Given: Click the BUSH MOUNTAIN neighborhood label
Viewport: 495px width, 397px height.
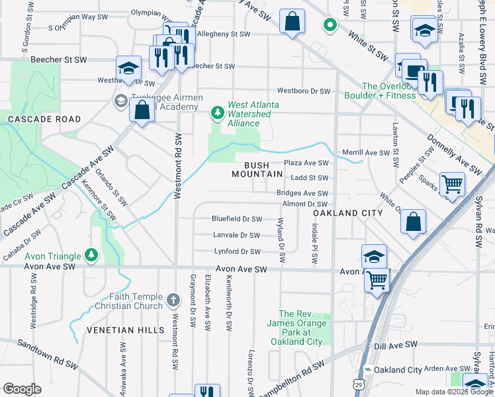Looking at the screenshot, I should (257, 169).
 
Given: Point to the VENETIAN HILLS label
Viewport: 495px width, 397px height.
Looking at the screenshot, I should (120, 330).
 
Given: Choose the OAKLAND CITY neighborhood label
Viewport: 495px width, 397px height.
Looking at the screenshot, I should (347, 213).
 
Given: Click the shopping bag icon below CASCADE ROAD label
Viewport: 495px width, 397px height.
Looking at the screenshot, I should (142, 110).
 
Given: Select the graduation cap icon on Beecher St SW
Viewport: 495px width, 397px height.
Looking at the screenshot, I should (128, 67).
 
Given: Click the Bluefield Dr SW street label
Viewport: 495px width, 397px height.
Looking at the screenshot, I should (236, 218).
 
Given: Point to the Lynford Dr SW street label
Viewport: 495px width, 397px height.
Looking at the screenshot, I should (237, 251).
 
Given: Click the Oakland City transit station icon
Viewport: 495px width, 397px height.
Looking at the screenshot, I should (368, 369).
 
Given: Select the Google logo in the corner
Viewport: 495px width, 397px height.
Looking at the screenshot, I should (22, 388).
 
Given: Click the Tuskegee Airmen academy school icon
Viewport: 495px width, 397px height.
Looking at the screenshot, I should (120, 101).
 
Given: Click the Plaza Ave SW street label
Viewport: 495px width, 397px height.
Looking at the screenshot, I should (306, 163).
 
